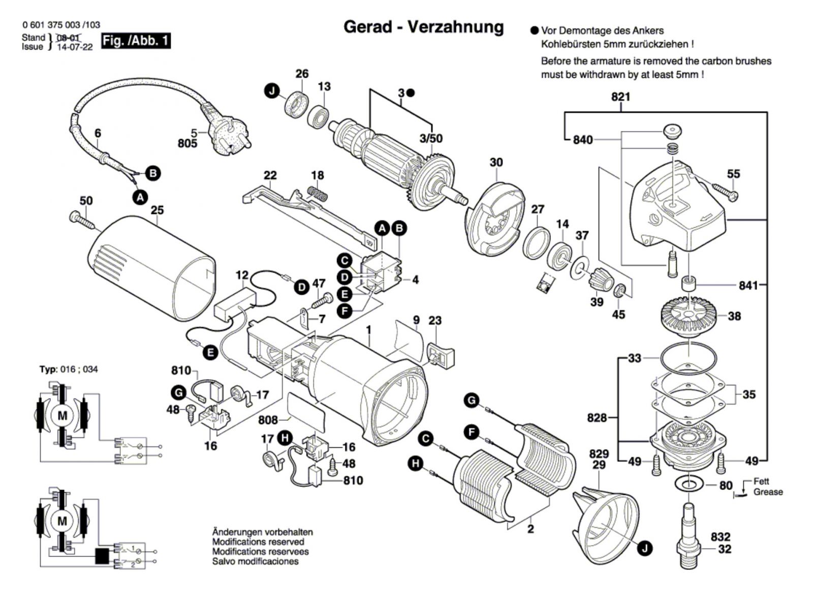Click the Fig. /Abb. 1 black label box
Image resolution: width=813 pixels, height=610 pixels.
point(136,41)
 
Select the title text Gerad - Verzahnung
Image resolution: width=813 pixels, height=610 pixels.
point(423,27)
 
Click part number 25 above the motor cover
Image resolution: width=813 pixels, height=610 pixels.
point(157,210)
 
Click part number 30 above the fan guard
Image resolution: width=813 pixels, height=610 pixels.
point(496,162)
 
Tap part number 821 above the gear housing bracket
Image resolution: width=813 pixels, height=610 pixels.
point(620,97)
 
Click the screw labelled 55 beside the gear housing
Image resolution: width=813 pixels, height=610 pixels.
point(725,192)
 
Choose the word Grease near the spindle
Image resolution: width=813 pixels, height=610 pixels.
point(768,492)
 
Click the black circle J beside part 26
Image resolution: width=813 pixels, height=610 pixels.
point(272,91)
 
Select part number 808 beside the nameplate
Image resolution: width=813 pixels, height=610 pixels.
point(268,420)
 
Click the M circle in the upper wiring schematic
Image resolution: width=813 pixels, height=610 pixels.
point(62,416)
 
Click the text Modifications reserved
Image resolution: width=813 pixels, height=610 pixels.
point(258,542)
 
